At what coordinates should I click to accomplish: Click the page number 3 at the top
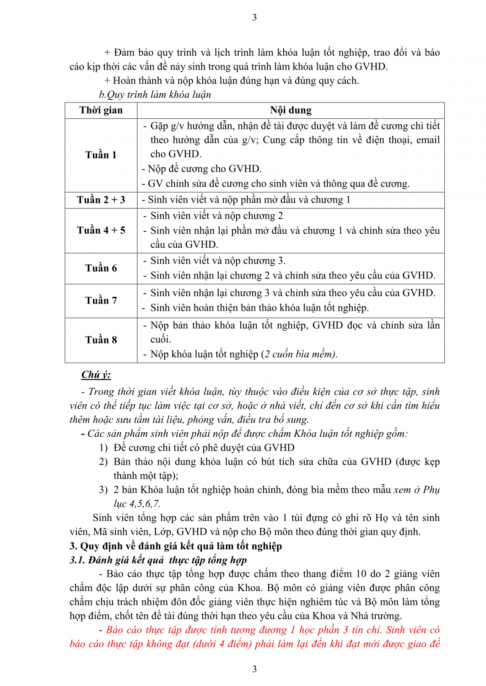click(x=254, y=17)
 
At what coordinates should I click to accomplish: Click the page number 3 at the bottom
click(x=254, y=669)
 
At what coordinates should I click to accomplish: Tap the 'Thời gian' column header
click(x=101, y=110)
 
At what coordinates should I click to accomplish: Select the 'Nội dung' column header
click(x=291, y=110)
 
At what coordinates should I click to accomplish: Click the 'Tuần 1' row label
click(x=101, y=155)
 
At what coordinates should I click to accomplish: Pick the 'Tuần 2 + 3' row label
click(x=101, y=200)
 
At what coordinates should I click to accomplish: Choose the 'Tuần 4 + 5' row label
click(x=101, y=230)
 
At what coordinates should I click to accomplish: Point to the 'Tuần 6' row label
click(x=101, y=268)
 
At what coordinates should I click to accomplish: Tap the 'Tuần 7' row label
click(x=101, y=300)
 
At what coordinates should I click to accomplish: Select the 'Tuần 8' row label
click(x=101, y=340)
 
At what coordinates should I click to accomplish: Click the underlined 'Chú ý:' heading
click(x=96, y=375)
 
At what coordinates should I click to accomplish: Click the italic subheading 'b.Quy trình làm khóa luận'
click(x=155, y=95)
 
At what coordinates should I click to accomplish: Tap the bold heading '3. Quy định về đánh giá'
click(x=176, y=546)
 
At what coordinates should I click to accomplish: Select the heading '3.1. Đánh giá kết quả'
click(x=158, y=560)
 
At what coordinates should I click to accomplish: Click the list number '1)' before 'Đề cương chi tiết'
click(x=103, y=448)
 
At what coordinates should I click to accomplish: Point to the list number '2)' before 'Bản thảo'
click(x=103, y=462)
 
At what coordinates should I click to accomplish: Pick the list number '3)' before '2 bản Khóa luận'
click(x=103, y=490)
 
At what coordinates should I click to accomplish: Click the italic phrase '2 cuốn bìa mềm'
click(x=299, y=354)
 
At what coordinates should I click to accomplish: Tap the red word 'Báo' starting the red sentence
click(x=115, y=630)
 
